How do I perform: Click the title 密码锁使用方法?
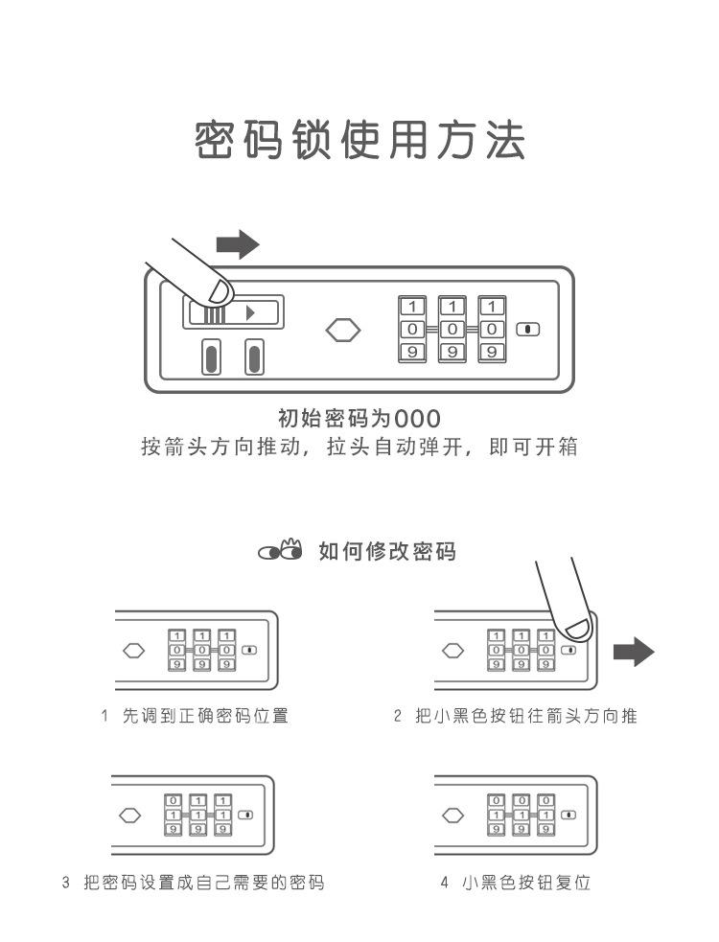click(x=359, y=140)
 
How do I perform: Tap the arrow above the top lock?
click(x=238, y=244)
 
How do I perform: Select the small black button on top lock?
click(x=527, y=330)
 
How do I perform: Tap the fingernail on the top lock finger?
click(x=220, y=291)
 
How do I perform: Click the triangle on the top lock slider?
click(x=250, y=312)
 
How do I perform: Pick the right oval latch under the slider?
click(x=254, y=357)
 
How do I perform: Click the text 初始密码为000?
click(x=359, y=419)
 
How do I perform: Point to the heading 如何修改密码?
click(x=387, y=552)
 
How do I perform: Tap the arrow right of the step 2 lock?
click(x=633, y=655)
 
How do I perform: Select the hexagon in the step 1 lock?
click(x=135, y=651)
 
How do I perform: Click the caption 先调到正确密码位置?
click(x=205, y=717)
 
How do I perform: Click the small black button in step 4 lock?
click(x=569, y=815)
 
